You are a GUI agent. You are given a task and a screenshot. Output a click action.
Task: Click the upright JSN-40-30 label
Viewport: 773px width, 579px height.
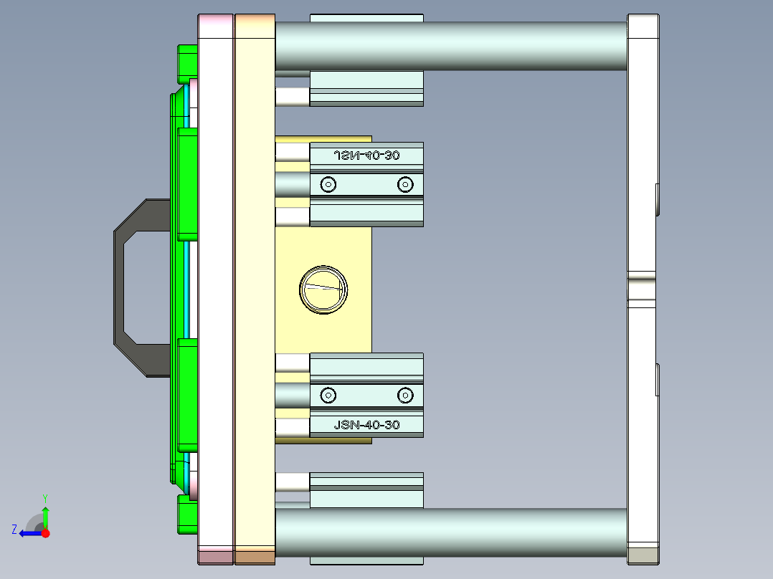tap(366, 425)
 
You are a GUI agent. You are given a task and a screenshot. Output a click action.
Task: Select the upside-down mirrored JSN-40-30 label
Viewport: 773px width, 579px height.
tap(366, 155)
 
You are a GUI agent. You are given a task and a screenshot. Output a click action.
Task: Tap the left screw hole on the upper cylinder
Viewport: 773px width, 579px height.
tap(328, 185)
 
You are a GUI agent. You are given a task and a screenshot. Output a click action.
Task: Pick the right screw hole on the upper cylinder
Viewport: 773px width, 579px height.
tap(405, 185)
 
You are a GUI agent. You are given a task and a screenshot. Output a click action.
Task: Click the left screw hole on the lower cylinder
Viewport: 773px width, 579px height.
tap(328, 395)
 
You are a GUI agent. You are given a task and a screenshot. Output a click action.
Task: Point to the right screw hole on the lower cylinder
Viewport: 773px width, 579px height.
tap(405, 395)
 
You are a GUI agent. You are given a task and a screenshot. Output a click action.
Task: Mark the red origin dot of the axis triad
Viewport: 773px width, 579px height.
tap(45, 533)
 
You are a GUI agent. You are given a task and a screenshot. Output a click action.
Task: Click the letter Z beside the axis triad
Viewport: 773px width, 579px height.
tap(14, 530)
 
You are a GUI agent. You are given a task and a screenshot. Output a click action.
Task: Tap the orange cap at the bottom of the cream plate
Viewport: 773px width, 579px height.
tap(255, 556)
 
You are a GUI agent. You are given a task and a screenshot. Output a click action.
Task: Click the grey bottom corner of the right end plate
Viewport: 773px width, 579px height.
tap(642, 555)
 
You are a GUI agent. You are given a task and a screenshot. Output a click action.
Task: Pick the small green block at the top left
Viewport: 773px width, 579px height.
tap(186, 62)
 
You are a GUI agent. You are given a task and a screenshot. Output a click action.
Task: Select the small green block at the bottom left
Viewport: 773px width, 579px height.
tap(186, 516)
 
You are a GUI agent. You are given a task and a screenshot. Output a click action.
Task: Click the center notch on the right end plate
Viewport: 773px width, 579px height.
tap(641, 289)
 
